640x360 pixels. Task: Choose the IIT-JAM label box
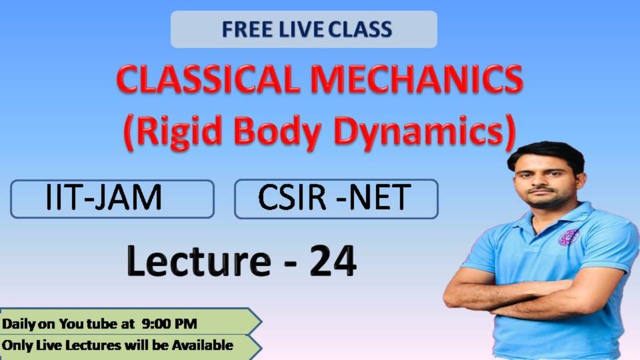click(112, 198)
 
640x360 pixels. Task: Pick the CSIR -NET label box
click(336, 198)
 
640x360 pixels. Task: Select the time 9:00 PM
click(169, 324)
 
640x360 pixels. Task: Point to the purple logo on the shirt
click(568, 237)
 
